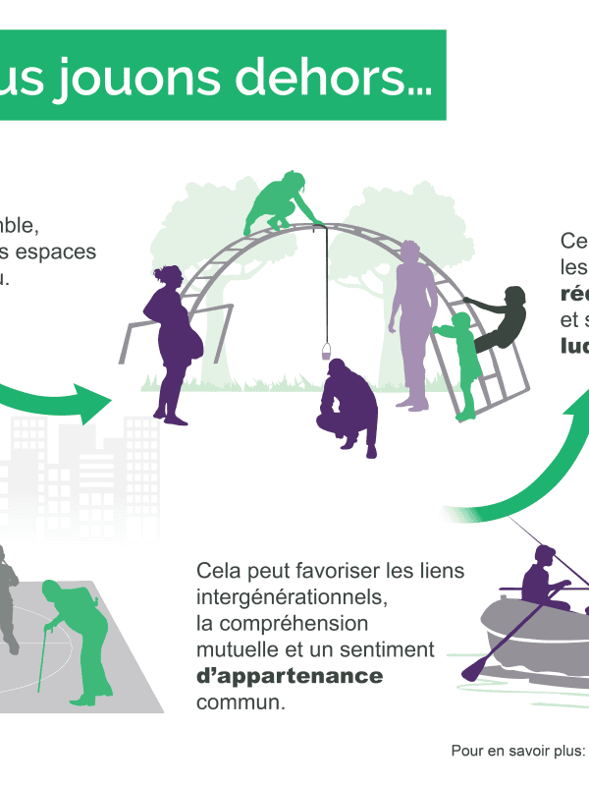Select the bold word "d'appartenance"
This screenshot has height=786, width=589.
(290, 677)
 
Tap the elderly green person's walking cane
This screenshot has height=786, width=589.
(43, 659)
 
